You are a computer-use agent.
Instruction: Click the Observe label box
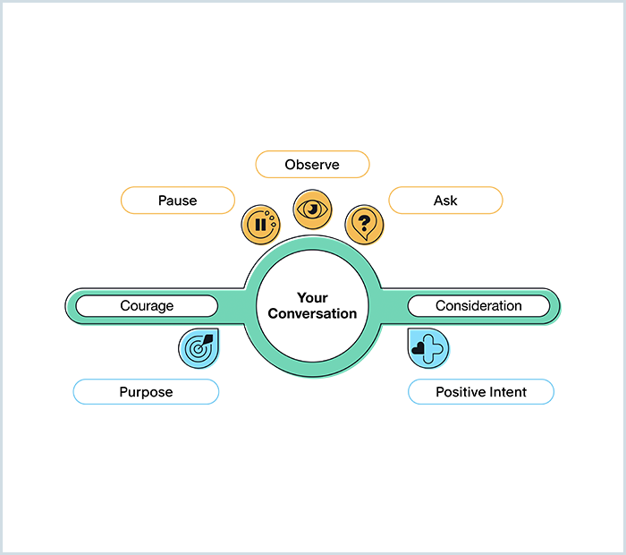[312, 165]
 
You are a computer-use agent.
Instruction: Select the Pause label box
[177, 201]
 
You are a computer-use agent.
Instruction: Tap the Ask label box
[445, 201]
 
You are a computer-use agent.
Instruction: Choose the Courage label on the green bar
[147, 306]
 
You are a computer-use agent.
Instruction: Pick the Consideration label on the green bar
[478, 306]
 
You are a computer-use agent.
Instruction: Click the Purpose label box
[146, 392]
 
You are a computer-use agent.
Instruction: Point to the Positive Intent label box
[481, 392]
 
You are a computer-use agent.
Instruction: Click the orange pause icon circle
[261, 224]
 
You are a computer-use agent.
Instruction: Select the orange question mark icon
[364, 223]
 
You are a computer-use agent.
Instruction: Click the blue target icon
[199, 348]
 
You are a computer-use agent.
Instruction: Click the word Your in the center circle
[312, 298]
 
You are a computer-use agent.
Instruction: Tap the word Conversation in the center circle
[312, 314]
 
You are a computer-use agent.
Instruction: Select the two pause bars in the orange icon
[259, 226]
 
